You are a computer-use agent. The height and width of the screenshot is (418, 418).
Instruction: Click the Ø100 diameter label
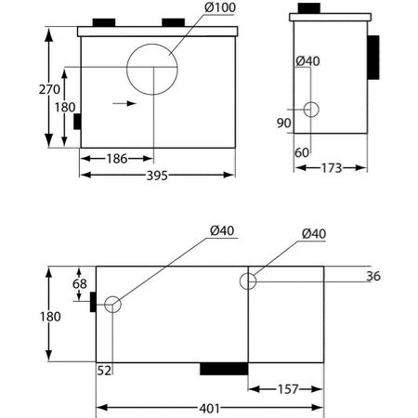pyautogui.click(x=208, y=8)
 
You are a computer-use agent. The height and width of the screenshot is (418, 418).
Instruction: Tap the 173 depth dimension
pyautogui.click(x=332, y=168)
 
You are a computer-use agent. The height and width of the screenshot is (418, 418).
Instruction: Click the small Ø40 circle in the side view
pyautogui.click(x=310, y=110)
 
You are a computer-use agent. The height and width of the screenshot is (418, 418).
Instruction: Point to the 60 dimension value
pyautogui.click(x=302, y=151)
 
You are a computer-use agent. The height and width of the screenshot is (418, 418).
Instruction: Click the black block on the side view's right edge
pyautogui.click(x=373, y=59)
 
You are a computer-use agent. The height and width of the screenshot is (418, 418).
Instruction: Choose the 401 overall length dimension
pyautogui.click(x=208, y=407)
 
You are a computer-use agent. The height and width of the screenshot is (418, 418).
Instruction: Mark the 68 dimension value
pyautogui.click(x=79, y=283)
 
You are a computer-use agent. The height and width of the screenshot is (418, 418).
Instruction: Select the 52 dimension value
pyautogui.click(x=105, y=370)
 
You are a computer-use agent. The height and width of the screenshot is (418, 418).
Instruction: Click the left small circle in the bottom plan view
pyautogui.click(x=112, y=305)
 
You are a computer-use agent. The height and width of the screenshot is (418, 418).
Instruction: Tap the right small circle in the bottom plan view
pyautogui.click(x=248, y=280)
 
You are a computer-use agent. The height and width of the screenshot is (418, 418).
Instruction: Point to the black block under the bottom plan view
pyautogui.click(x=224, y=368)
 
